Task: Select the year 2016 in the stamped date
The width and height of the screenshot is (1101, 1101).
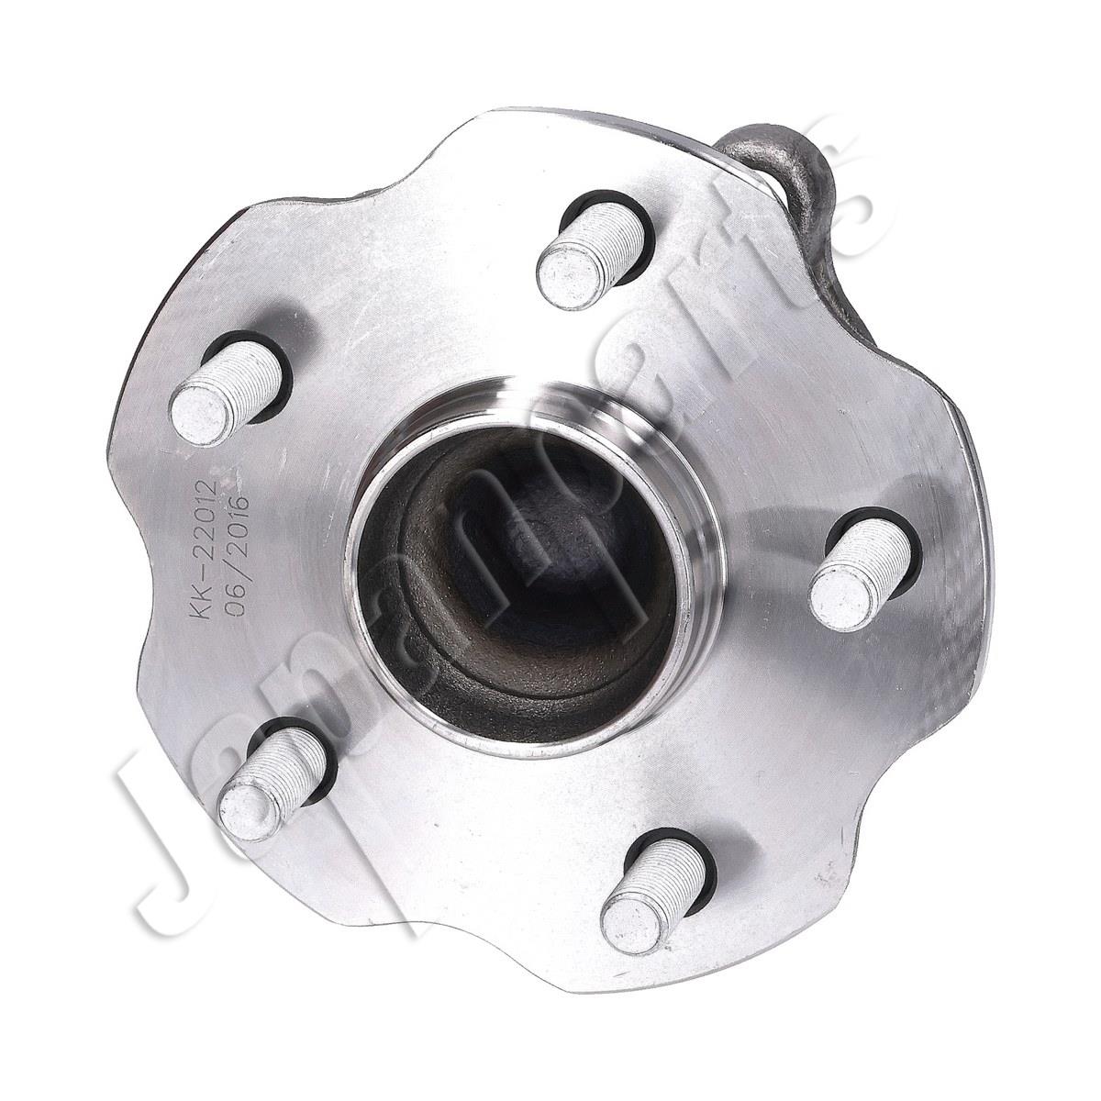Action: (x=237, y=519)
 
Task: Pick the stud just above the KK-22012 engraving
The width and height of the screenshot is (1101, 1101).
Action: (x=228, y=382)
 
